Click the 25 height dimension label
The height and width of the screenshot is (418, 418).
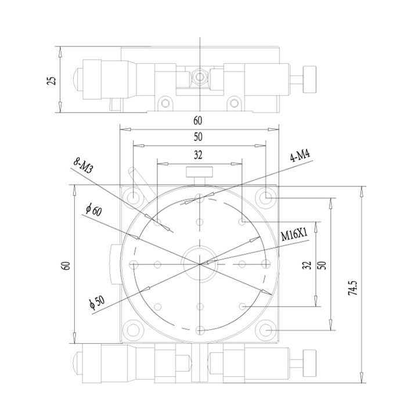tap(52, 81)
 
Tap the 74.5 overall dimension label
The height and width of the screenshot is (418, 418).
tap(352, 288)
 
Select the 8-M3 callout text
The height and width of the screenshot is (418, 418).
tap(83, 166)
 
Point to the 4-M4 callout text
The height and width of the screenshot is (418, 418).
tap(301, 156)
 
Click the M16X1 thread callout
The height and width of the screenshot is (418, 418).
tap(294, 235)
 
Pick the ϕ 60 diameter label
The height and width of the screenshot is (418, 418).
tap(93, 210)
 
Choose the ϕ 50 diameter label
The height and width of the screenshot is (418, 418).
tap(97, 303)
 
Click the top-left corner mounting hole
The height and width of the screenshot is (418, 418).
tap(132, 197)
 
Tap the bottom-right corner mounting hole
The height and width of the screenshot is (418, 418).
tap(266, 330)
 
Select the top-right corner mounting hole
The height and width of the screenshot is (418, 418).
tap(266, 197)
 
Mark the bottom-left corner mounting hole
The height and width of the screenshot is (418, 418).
tap(132, 330)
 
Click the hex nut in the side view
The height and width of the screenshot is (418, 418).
tap(199, 77)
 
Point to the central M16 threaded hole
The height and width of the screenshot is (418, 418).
tap(199, 264)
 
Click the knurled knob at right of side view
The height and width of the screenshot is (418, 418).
tap(309, 80)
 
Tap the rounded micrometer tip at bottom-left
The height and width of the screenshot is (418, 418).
tap(78, 363)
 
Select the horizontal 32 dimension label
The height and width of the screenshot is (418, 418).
tap(198, 155)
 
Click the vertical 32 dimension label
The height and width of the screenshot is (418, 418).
tap(307, 265)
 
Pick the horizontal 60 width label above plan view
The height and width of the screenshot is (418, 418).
tap(198, 121)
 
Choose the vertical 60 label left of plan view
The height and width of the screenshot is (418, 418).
tap(66, 265)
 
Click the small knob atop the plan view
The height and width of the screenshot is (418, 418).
tap(200, 172)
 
